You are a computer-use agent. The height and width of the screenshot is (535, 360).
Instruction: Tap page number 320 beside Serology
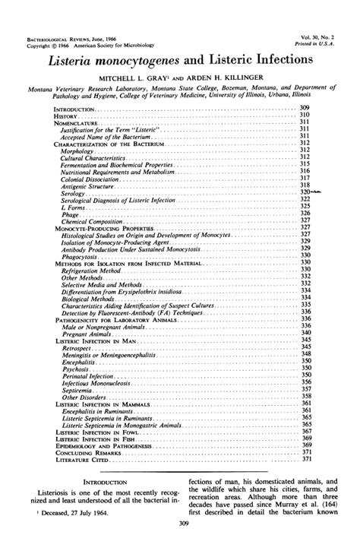pos(305,193)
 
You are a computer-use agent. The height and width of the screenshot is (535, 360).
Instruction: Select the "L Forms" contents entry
pos(71,207)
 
